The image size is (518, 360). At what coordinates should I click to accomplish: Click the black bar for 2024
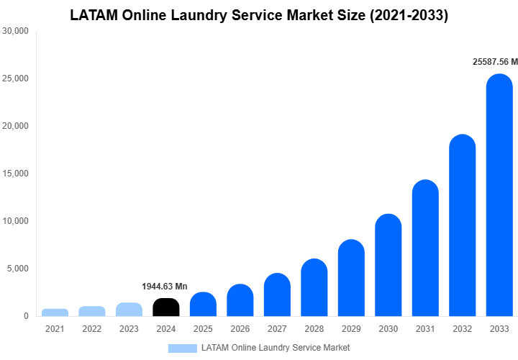[x=166, y=307]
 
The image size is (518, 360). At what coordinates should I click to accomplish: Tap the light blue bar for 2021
[x=55, y=312]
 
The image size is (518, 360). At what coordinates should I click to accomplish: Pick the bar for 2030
[x=388, y=266]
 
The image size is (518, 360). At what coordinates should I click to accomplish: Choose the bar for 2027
[x=277, y=295]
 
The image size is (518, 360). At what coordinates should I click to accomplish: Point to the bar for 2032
[x=463, y=226]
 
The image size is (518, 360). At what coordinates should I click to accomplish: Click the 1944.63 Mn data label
[x=165, y=287]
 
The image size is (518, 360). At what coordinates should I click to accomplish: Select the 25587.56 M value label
[x=495, y=63]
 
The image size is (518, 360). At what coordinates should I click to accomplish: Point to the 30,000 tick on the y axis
[x=16, y=31]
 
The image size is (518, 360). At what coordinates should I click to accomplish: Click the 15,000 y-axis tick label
[x=16, y=174]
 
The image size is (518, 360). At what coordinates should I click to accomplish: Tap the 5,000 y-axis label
[x=18, y=269]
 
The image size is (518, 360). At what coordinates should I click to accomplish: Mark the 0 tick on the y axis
[x=26, y=316]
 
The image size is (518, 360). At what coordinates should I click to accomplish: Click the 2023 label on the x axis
[x=129, y=329]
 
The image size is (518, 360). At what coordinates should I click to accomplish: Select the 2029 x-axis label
[x=351, y=329]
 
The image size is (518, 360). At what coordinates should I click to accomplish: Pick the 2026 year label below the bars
[x=240, y=329]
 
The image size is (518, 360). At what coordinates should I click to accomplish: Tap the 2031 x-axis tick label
[x=425, y=329]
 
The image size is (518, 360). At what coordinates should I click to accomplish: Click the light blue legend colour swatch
[x=182, y=348]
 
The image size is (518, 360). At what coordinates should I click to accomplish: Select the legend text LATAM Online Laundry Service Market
[x=276, y=348]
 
